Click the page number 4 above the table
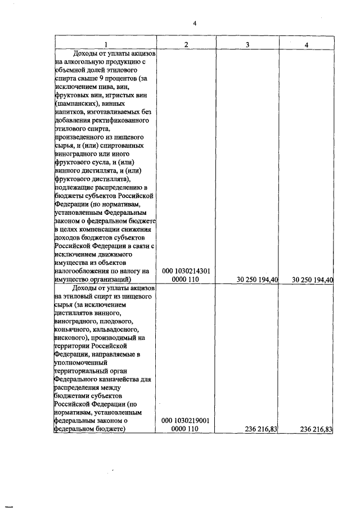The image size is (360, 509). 194,23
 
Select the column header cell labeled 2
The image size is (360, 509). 186,44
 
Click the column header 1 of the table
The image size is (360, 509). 105,44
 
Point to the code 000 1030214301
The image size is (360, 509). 186,271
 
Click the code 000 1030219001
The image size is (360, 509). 186,420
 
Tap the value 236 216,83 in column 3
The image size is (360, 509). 263,429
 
